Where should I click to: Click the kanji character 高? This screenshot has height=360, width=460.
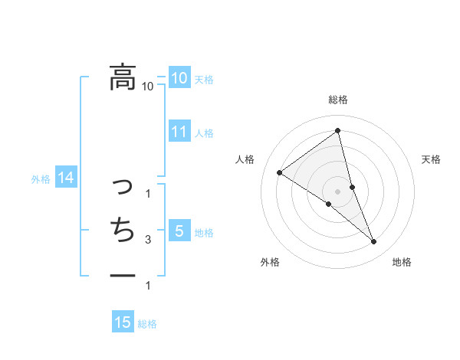(122, 77)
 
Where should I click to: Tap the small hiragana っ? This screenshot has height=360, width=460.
(122, 186)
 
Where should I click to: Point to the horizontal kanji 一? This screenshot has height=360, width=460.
(122, 273)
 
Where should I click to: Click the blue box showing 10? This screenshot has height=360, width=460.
(179, 77)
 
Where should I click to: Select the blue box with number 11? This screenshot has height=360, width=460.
(179, 132)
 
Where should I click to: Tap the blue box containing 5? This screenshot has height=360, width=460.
(179, 231)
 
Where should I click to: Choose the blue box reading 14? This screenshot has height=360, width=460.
(65, 178)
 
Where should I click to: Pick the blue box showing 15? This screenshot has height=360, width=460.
(123, 322)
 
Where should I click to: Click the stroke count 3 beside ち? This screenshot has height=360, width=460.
(148, 240)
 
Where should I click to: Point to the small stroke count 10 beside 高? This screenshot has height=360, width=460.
(148, 86)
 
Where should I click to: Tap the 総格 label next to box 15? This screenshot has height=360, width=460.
(147, 324)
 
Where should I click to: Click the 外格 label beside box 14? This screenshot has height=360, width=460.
(41, 179)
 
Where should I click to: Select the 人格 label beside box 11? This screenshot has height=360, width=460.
(204, 133)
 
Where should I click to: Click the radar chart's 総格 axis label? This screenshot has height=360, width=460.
(338, 100)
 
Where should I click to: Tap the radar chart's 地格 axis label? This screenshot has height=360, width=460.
(402, 262)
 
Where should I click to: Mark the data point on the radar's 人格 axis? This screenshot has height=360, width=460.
(279, 172)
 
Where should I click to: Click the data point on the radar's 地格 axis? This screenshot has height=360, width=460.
(374, 241)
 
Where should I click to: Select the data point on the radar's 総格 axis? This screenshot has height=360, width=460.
(338, 131)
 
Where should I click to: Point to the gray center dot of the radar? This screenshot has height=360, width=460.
(338, 191)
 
